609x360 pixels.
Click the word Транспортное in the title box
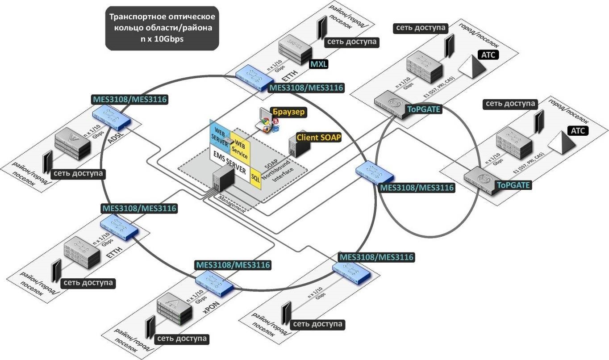tap(133, 17)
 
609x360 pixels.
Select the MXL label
tap(319, 64)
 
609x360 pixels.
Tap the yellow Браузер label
tap(289, 112)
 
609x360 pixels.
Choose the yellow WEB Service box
tap(240, 149)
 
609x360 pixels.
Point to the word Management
tap(232, 204)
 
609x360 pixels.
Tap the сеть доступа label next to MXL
tap(352, 42)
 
